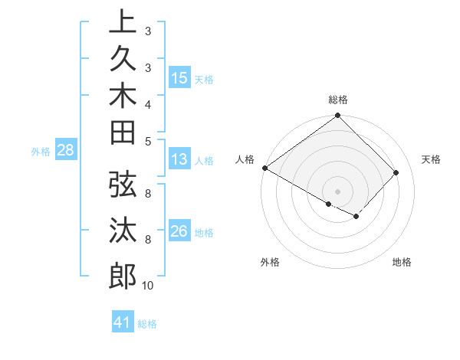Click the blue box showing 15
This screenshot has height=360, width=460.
click(179, 78)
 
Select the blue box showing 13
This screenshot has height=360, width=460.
click(179, 160)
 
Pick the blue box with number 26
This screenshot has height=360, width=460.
click(179, 231)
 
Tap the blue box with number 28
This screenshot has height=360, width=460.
click(66, 151)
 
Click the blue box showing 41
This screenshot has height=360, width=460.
click(123, 322)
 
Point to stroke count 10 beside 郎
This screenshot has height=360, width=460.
click(147, 286)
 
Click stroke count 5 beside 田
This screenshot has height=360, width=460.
click(147, 141)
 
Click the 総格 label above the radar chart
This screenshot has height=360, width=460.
click(338, 100)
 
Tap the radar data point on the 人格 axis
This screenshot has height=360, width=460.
click(265, 168)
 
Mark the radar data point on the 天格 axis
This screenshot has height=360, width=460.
click(396, 173)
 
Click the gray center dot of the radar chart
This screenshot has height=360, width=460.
click(338, 191)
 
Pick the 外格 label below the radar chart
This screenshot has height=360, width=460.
click(270, 262)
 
